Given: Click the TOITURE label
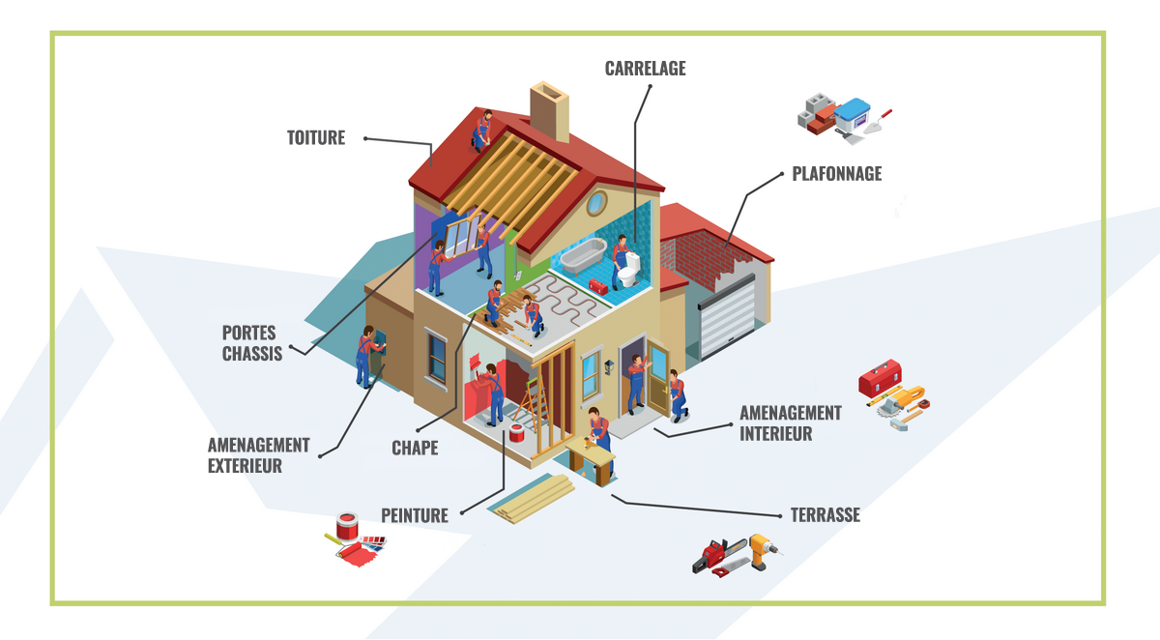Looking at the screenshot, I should [x=315, y=137].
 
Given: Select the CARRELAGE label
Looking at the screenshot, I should [x=645, y=69].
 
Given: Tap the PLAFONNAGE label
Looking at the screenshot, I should [x=836, y=174].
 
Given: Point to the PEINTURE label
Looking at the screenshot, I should [x=415, y=515].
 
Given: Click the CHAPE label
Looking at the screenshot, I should [x=415, y=448].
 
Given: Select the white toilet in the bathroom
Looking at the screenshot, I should [x=629, y=271].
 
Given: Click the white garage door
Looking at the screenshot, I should [x=726, y=316].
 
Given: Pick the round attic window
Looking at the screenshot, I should [x=596, y=203].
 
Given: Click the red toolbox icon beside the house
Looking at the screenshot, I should [x=879, y=375].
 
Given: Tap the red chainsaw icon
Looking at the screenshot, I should [x=717, y=555].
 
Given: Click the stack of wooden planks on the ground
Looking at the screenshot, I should [x=531, y=499].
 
